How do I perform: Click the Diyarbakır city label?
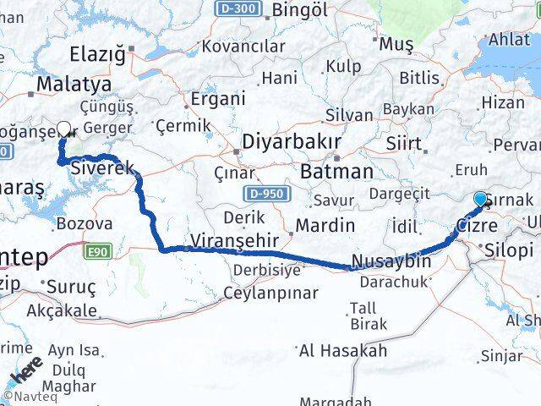pos(292,140)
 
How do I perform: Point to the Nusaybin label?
pos(391,261)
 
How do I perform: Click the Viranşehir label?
pos(234,237)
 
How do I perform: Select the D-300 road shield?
pos(237,8)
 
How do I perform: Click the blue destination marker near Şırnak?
pos(480,199)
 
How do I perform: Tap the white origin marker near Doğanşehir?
pos(63,129)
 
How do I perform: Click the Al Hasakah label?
pos(342,350)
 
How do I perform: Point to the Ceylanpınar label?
pos(270,294)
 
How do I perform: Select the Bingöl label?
pos(302,10)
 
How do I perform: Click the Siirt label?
pos(403,144)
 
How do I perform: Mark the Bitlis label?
pos(419,79)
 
